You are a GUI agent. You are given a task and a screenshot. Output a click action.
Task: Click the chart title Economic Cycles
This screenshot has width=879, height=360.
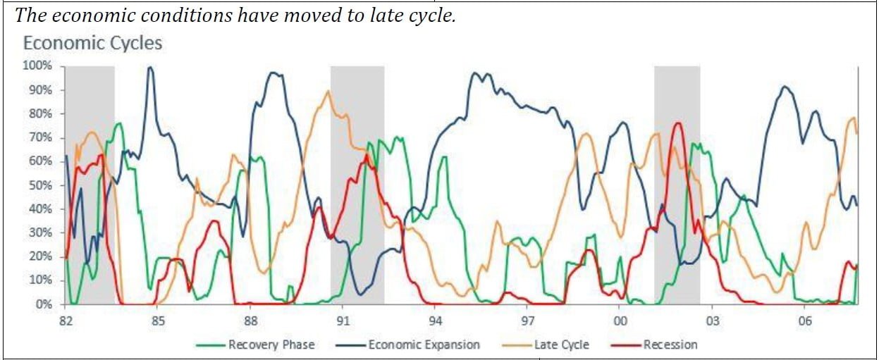(92, 43)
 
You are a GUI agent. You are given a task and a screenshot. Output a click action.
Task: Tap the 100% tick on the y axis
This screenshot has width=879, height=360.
(38, 66)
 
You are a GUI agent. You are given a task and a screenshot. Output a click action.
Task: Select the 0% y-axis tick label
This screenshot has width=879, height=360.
(44, 304)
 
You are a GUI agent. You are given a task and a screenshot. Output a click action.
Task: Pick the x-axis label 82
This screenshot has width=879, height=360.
(65, 321)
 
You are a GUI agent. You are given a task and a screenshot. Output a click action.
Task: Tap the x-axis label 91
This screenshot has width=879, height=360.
(343, 321)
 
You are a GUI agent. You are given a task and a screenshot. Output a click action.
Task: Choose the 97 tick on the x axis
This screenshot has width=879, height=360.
(528, 321)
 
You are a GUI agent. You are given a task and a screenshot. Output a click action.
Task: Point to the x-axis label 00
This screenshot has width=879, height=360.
(620, 321)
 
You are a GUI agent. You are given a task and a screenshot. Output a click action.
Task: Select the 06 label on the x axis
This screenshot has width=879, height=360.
(805, 321)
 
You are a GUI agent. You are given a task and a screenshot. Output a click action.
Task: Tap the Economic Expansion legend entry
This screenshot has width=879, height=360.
(423, 345)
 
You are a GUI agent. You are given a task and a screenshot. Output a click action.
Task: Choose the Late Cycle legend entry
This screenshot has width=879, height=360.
(561, 345)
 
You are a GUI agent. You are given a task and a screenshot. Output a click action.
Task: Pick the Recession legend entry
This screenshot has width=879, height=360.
(670, 345)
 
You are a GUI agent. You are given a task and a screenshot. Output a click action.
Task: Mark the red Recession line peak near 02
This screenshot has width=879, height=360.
(677, 123)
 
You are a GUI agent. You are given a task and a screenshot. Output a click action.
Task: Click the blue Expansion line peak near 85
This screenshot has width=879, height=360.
(149, 68)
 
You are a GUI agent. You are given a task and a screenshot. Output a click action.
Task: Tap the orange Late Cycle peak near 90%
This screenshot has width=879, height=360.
(328, 91)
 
